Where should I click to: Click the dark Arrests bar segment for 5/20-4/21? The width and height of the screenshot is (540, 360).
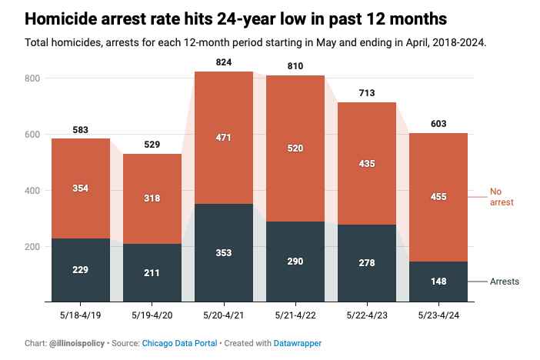[224, 252]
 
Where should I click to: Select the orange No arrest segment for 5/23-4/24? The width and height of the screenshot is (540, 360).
[438, 197]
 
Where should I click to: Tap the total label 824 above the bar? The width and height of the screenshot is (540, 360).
[224, 62]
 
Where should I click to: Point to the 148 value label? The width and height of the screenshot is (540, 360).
[438, 282]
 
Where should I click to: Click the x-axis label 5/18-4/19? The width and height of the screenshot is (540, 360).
[81, 315]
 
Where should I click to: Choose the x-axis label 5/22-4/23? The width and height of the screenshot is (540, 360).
[367, 315]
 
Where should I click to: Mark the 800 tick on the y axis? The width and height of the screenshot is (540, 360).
[32, 78]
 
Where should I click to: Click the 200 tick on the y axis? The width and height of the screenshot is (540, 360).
[32, 247]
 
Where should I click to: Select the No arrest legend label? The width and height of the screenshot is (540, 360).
[502, 197]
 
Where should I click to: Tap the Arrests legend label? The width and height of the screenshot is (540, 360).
[505, 282]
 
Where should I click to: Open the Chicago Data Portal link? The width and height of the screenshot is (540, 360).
[179, 344]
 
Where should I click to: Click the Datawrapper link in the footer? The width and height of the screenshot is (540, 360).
[298, 344]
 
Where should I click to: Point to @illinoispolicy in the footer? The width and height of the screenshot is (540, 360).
[77, 344]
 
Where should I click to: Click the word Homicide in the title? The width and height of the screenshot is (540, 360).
[61, 18]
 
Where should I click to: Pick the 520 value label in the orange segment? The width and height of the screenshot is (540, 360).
[295, 148]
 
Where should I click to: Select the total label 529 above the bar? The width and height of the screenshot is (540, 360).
[152, 145]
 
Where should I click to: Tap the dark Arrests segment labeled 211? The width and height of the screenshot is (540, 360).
[152, 273]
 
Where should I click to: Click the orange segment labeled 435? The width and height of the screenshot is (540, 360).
[367, 164]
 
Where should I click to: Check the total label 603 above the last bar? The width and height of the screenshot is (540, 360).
[438, 124]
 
